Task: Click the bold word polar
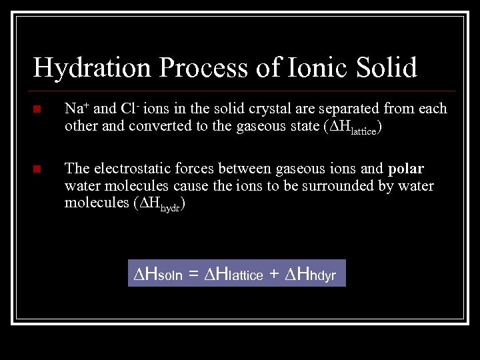click(x=405, y=168)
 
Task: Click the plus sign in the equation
click(x=274, y=273)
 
